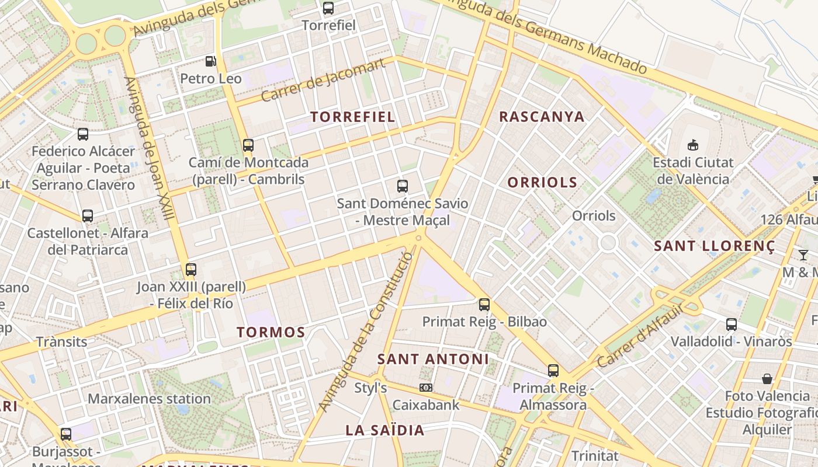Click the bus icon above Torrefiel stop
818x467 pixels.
point(328,8)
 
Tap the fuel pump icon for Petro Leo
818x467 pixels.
point(210,61)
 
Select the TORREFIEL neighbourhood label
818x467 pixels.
point(352,117)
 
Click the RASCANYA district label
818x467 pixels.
point(542,117)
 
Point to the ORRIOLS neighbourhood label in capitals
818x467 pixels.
point(542,183)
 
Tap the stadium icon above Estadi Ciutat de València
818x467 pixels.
point(693,145)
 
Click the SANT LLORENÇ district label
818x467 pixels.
point(714,246)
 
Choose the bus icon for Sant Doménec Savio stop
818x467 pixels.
point(403,186)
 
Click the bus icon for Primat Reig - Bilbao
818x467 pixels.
point(484,304)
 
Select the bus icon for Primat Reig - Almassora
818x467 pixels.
point(553,370)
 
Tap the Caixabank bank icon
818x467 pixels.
point(426,388)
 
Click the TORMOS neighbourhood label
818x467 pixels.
point(271,333)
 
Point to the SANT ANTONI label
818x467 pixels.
point(433,359)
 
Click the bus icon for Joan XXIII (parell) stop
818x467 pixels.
point(191,270)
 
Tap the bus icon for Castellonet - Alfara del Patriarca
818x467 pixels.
point(88,216)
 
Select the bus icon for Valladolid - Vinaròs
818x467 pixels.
point(731,324)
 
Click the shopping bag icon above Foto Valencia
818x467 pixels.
point(767,379)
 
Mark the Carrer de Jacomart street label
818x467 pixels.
point(323,80)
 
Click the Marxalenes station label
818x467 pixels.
point(149,399)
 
